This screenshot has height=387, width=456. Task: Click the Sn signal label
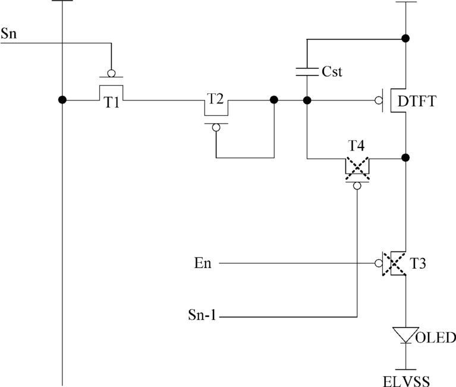pos(9,33)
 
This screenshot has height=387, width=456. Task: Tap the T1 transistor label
pos(112,102)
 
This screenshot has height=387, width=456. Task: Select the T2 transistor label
pos(215,99)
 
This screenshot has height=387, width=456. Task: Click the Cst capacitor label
pos(332,71)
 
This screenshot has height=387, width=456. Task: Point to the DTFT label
pos(417,101)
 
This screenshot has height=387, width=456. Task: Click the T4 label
pos(356,146)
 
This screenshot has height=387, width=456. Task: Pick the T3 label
pos(417,263)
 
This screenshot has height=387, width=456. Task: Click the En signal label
pos(203,263)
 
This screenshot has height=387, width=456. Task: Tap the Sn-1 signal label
pos(202,314)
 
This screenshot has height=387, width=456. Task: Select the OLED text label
pos(436,338)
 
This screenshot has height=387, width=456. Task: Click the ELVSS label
pos(406,381)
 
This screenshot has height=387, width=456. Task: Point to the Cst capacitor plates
pos(307,72)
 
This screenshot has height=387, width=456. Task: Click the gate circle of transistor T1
pos(111,73)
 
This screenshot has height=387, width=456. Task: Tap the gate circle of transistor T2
pos(216,127)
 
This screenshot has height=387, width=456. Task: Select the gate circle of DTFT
pos(379,100)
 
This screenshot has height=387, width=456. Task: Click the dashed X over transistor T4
pos(357,168)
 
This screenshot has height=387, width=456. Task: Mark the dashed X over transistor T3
pos(394,264)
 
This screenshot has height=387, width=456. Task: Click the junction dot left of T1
pos(62,100)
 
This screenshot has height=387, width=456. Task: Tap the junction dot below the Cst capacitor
pos(307,100)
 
